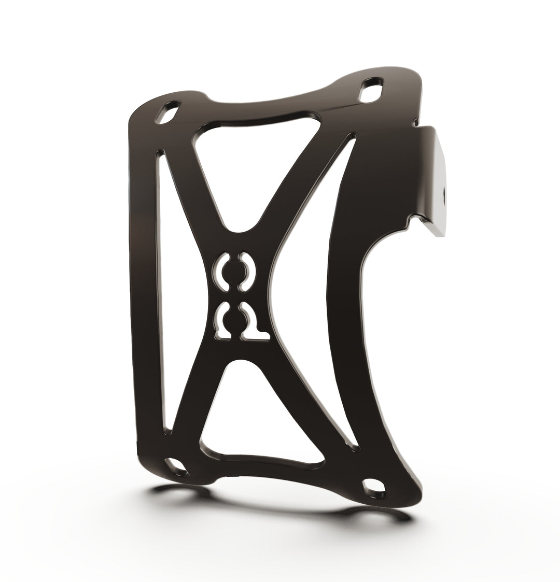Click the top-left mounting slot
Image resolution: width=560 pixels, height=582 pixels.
point(167,114)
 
